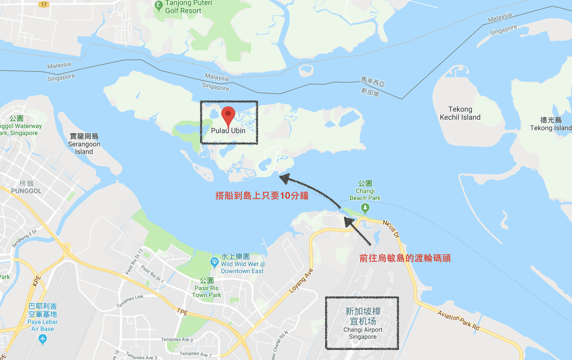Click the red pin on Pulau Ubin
[x=229, y=115]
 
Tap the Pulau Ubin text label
[x=228, y=130]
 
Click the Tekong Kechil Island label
[x=460, y=113]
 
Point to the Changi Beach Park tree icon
[x=365, y=207]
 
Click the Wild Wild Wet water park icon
[x=214, y=262]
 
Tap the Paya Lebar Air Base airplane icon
[x=43, y=339]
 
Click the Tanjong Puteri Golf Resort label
[x=183, y=7]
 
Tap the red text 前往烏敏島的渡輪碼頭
[x=405, y=258]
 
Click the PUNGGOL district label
[x=23, y=191]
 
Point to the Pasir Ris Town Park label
[x=206, y=291]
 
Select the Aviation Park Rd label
[x=458, y=320]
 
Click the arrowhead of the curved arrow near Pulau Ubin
[x=284, y=178]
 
